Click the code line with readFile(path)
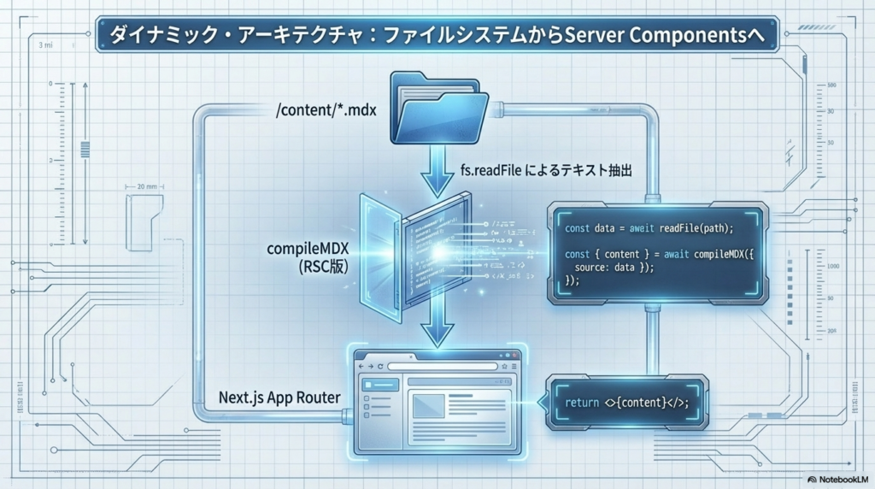pyautogui.click(x=649, y=229)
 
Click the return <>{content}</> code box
pyautogui.click(x=626, y=402)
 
